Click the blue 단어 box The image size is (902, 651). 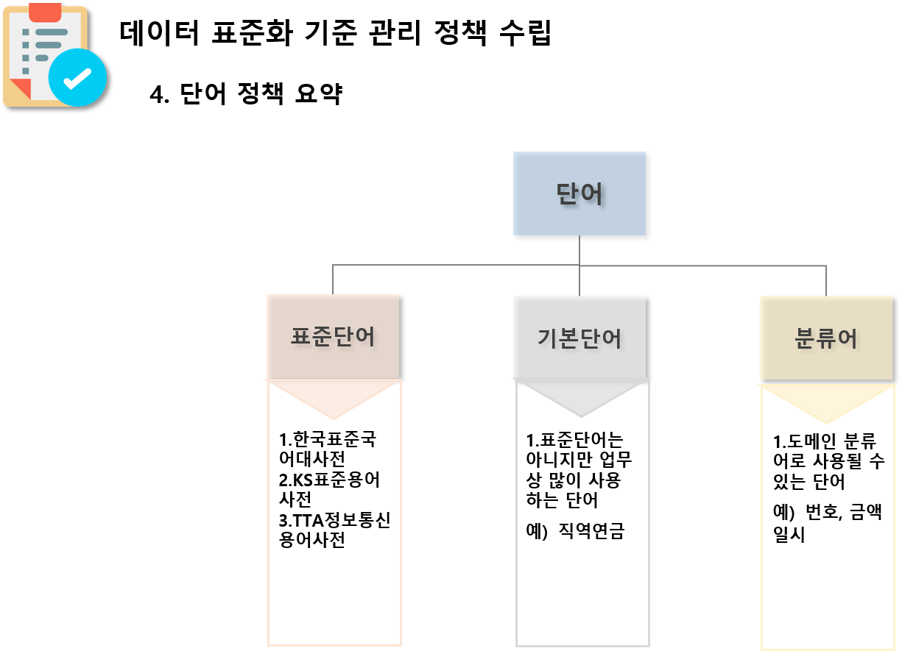tap(579, 193)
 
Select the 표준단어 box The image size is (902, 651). tap(333, 336)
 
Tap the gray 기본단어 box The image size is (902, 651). tap(579, 338)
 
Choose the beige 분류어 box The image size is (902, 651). tap(826, 338)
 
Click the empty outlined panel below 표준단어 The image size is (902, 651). tap(334, 530)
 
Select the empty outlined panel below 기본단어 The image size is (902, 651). tap(582, 530)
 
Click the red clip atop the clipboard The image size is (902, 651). tap(45, 12)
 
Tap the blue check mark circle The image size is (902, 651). tap(77, 77)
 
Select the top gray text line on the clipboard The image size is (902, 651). tap(52, 32)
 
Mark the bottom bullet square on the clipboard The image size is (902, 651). tap(26, 71)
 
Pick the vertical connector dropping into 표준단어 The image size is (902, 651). tap(333, 280)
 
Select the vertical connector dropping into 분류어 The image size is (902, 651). tap(826, 281)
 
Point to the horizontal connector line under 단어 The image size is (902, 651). tap(457, 265)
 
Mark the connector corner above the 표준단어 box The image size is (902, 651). tap(333, 266)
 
